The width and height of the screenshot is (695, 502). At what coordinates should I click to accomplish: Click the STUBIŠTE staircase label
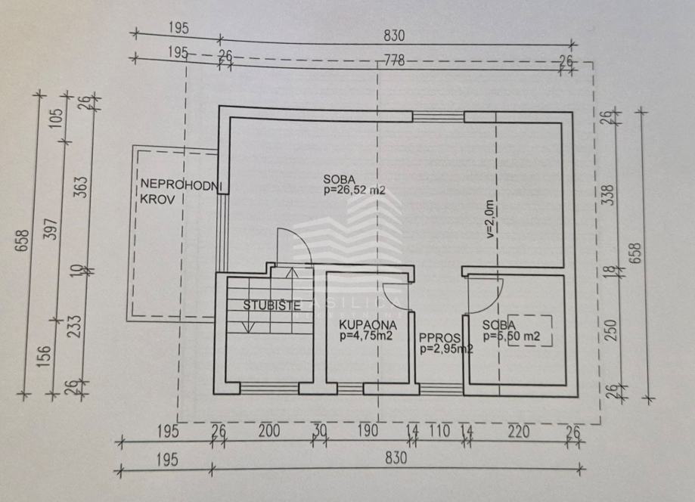272,306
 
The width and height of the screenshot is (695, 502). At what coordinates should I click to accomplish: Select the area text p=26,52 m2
354,191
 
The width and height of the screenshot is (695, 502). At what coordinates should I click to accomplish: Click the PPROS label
438,338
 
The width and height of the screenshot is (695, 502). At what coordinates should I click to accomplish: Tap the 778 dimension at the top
394,60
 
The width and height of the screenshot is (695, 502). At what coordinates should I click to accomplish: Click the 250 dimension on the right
613,330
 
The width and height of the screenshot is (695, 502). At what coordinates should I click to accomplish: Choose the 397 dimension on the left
51,234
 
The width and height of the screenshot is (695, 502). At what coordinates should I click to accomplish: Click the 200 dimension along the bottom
268,431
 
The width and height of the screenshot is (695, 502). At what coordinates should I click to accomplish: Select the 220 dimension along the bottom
518,431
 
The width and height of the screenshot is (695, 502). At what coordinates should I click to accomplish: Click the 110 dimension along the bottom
439,431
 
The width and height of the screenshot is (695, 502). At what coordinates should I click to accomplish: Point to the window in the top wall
438,116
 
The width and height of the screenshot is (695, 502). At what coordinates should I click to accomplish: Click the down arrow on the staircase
247,325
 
